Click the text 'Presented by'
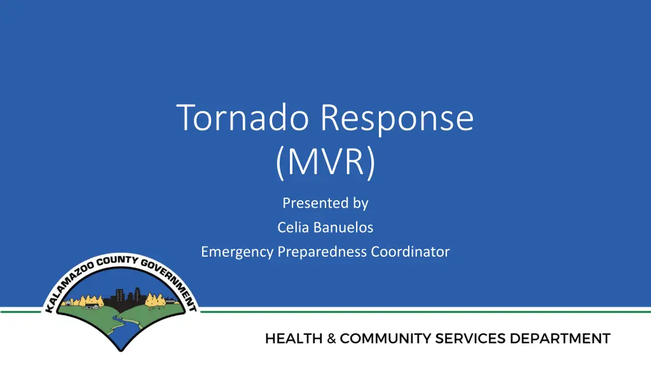point(325,203)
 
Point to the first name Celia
point(291,227)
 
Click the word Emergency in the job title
point(237,252)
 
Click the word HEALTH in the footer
point(294,339)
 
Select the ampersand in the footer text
point(332,339)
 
